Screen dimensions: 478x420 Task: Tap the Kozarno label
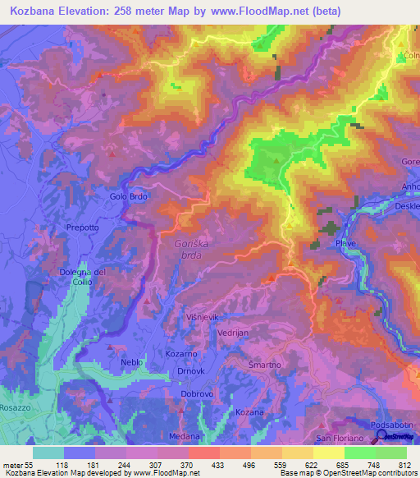click(182, 353)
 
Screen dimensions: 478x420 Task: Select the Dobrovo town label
click(197, 393)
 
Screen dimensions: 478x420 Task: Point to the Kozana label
click(251, 412)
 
